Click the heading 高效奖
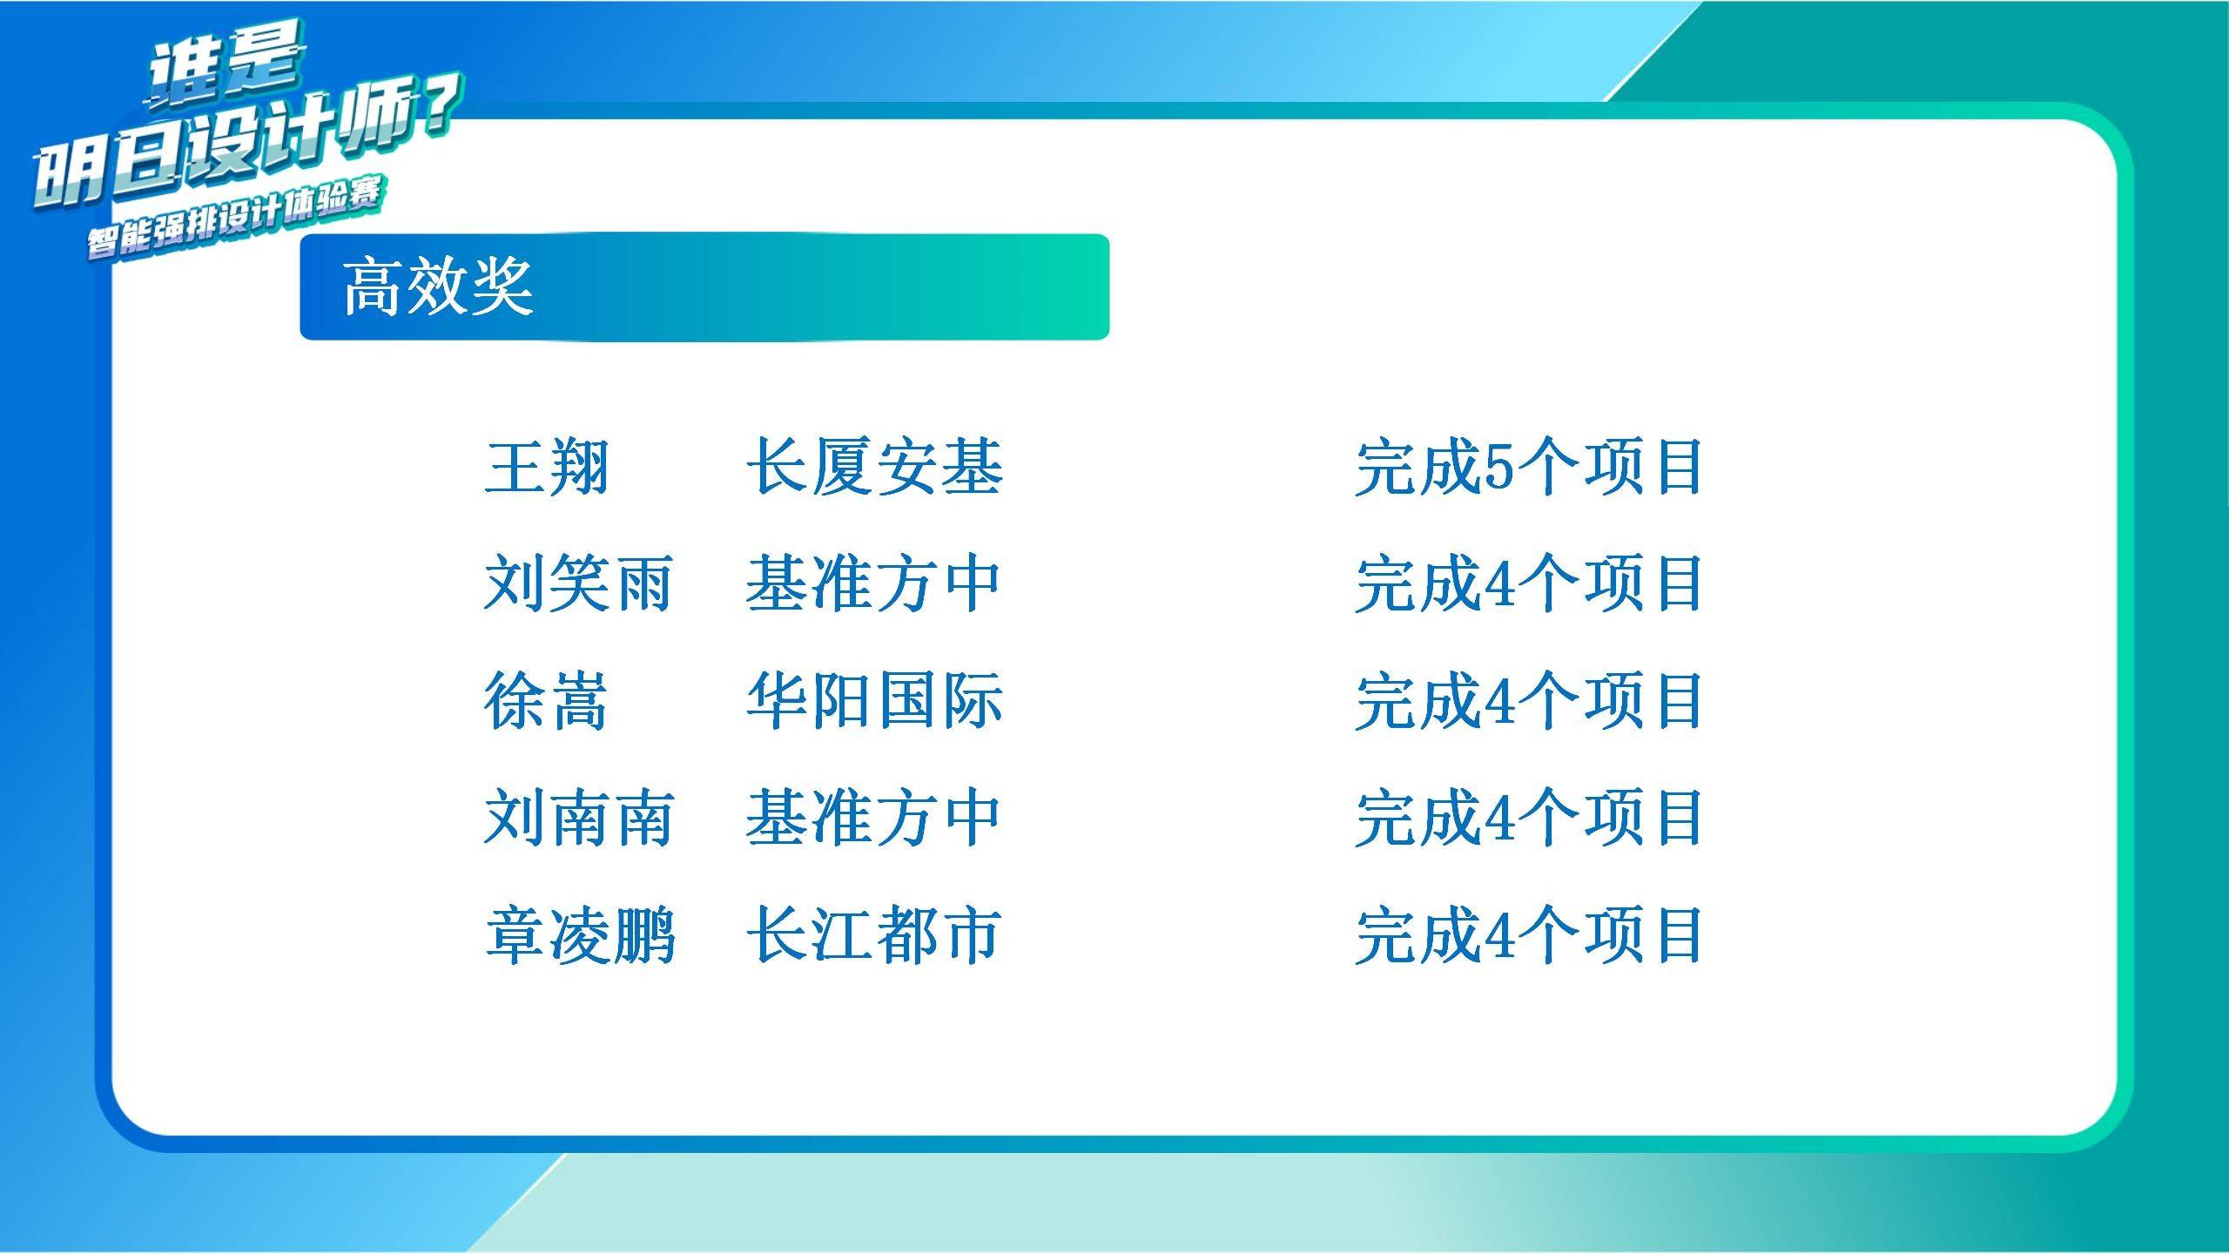coord(437,287)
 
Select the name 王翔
coord(546,468)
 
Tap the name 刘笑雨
coord(578,583)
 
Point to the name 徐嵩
coord(546,700)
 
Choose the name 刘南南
coord(578,818)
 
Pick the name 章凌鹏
coord(580,934)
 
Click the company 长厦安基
coord(874,468)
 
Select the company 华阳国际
coord(874,700)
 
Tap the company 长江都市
coord(874,934)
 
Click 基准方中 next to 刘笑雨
coord(872,583)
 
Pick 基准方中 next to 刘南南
coord(872,818)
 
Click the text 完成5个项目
coord(1528,468)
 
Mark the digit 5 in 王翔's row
coord(1499,469)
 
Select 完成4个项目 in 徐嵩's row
coord(1528,700)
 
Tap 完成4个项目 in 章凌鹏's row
coord(1528,934)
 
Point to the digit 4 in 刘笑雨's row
coord(1499,584)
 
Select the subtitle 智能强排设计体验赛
coord(234,219)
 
